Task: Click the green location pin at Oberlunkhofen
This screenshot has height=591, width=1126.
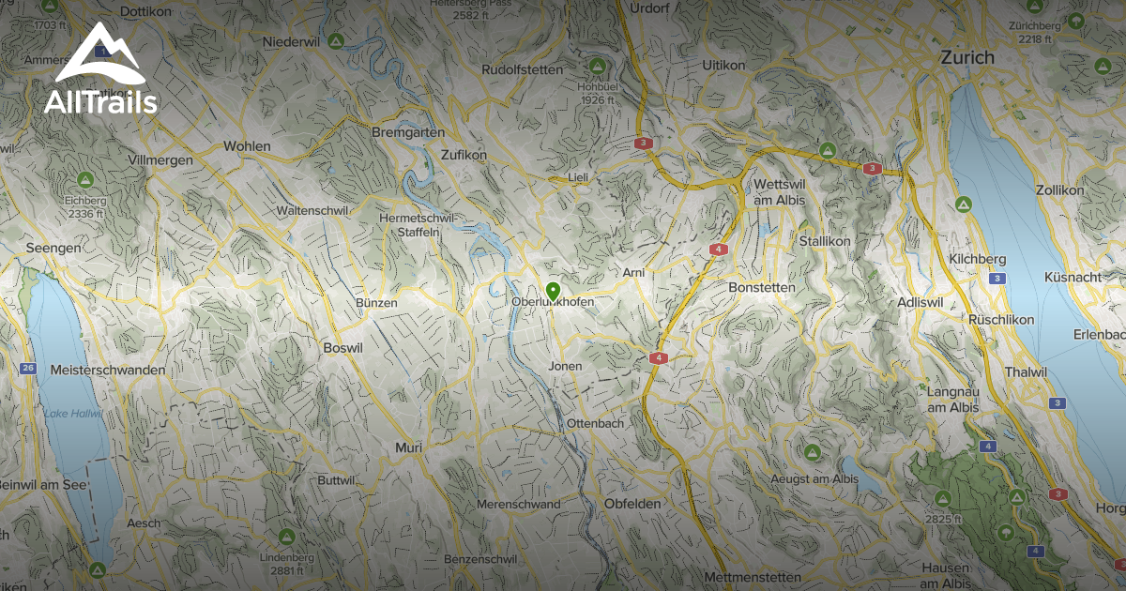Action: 553,292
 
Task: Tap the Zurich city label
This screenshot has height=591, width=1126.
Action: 967,57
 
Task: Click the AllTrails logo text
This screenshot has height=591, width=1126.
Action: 100,103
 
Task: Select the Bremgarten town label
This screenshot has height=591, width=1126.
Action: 408,132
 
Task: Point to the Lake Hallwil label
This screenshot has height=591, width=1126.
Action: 73,413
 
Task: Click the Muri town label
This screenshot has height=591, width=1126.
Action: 408,447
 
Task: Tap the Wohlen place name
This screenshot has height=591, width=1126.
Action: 247,146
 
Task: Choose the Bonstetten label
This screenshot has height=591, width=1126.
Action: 762,287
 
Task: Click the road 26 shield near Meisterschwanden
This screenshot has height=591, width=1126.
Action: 28,368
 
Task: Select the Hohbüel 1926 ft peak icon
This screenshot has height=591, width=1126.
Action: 596,67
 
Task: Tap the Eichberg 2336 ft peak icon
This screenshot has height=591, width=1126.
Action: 84,179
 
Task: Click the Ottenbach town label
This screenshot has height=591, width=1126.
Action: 595,424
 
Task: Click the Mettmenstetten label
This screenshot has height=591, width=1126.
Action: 753,576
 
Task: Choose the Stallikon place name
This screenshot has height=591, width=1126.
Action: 825,241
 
